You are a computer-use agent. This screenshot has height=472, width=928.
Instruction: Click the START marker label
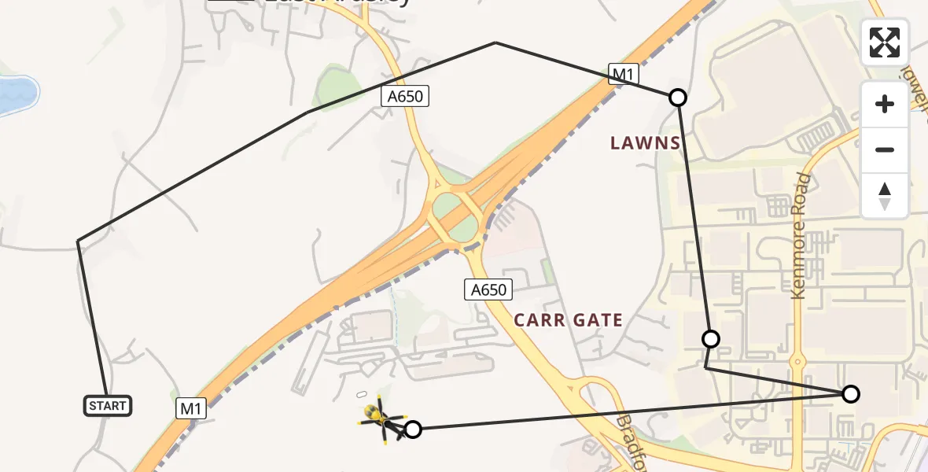pos(107,406)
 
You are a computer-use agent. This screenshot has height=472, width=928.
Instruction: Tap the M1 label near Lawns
pos(624,75)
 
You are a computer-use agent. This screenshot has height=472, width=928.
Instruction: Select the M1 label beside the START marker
pos(190,408)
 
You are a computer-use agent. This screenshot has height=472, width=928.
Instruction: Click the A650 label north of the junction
pos(406,96)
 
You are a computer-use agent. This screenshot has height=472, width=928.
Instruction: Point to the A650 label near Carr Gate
pos(488,289)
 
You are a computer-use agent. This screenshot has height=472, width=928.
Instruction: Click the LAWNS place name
pos(646,142)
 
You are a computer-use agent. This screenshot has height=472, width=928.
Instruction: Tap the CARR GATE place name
pos(568,320)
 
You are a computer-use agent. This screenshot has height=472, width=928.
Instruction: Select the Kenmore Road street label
pos(801,236)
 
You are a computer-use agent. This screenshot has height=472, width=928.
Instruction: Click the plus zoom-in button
pos(885,104)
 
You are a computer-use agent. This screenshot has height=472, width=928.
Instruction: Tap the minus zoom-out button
pos(885,149)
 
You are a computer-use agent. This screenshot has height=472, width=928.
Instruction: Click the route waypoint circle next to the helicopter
pos(413,429)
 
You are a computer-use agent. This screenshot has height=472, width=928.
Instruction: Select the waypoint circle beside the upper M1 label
pos(677,98)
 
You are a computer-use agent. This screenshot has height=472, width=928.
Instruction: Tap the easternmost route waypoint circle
pos(850,394)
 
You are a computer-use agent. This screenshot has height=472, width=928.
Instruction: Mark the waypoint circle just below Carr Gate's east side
pos(710,339)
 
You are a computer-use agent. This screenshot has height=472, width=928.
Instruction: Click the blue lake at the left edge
pos(16,95)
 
